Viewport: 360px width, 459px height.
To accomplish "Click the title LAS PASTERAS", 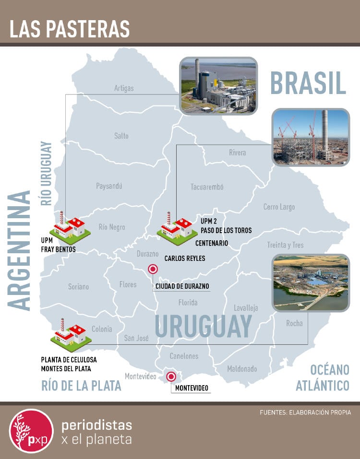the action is (70, 29).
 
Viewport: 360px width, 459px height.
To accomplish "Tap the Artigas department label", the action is (124, 88).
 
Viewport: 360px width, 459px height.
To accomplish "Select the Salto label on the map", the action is (121, 136).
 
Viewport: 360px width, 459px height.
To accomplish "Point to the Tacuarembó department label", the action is (207, 187).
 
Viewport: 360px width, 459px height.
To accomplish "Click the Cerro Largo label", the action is (279, 207).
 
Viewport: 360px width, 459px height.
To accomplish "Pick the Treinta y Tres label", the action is (285, 245).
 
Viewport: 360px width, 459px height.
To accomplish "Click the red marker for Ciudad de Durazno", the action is (153, 270).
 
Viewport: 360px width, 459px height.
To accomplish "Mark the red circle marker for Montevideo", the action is (170, 377).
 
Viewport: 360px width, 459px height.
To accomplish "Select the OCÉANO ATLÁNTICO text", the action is (323, 377).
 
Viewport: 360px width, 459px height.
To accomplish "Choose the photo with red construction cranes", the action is (310, 137).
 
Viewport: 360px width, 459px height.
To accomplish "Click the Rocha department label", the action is (294, 323).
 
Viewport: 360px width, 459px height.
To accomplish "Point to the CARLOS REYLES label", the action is (185, 259).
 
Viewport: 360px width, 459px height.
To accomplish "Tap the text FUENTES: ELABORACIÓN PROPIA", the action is (305, 412).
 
